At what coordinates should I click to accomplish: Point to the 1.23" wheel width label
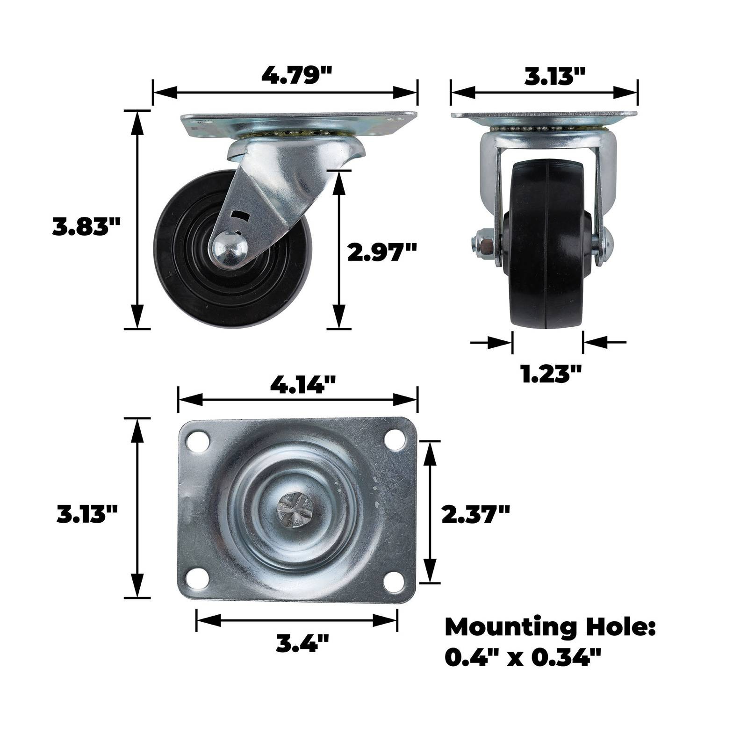(551, 374)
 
